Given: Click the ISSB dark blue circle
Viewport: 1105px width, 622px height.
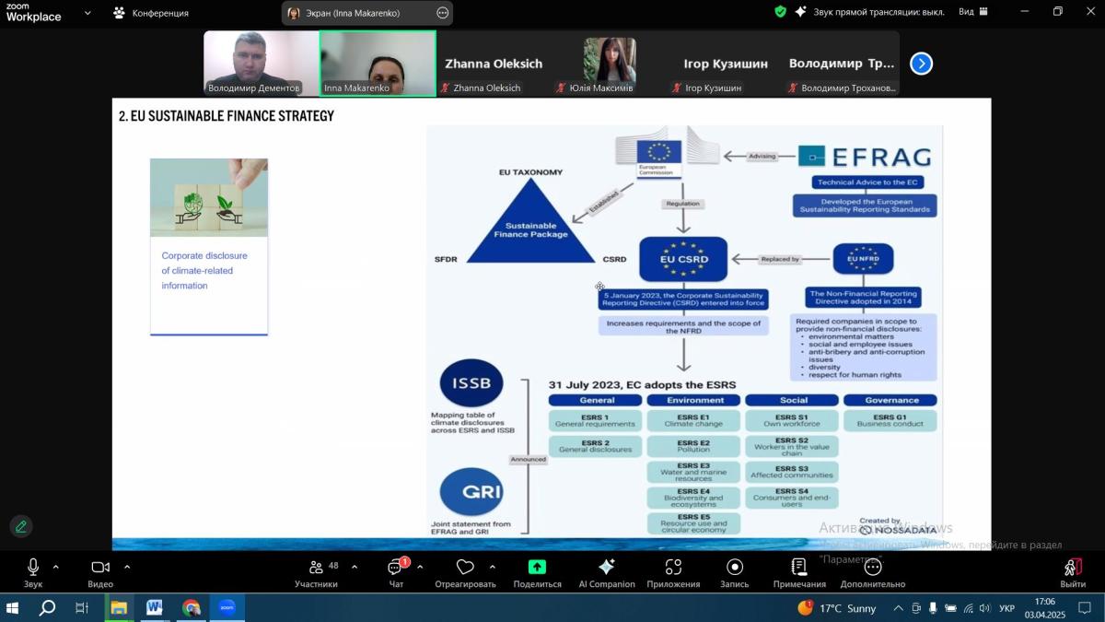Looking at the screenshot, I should tap(471, 383).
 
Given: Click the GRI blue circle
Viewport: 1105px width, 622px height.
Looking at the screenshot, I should tap(471, 491).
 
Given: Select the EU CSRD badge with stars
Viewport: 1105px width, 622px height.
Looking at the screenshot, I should tap(683, 259).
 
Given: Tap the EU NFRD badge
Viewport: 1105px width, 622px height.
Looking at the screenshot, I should tap(863, 260).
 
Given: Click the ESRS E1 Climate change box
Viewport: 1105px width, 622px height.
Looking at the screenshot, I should tap(694, 420).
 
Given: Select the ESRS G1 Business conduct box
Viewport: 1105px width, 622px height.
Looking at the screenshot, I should tap(890, 420).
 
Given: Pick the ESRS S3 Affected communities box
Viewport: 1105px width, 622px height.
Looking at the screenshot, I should tap(792, 472).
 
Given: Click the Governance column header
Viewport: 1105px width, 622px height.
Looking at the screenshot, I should tap(890, 400).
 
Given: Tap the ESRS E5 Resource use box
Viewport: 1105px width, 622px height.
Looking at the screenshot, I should tap(694, 522).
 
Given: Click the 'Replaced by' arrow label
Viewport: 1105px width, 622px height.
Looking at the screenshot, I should tap(780, 259).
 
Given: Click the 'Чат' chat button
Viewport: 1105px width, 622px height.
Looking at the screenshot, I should tap(396, 572).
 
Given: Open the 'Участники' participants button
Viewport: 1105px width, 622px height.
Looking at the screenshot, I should tap(316, 572).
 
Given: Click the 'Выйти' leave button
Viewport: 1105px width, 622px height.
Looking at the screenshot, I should tap(1072, 572).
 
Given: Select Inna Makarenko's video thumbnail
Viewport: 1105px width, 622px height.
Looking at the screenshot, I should tap(378, 63).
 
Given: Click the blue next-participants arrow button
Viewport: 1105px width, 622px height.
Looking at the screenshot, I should tap(921, 64).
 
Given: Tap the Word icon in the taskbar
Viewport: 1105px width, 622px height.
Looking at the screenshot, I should tap(154, 607).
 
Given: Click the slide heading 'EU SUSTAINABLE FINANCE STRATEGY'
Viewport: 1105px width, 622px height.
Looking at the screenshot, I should tap(227, 116).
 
